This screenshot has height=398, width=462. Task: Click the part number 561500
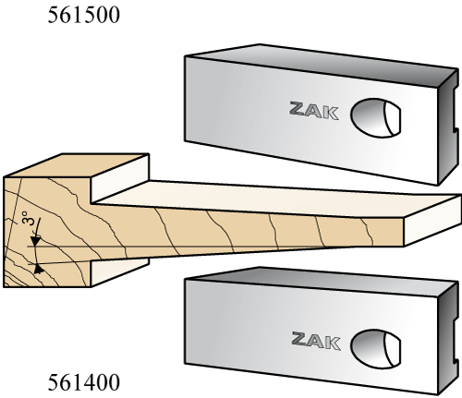coord(83,15)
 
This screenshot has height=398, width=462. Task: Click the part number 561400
coord(83,382)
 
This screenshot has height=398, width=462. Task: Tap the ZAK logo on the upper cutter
coord(314,111)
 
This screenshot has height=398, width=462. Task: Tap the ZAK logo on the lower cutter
coord(316,341)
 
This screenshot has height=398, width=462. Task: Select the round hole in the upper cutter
coord(375,117)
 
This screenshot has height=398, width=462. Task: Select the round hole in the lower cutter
coord(376,349)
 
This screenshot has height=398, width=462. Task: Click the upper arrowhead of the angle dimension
coord(36,241)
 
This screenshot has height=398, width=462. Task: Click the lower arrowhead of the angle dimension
coord(38,269)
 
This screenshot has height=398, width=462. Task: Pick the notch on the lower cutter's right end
coord(455,341)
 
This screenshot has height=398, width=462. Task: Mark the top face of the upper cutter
coord(321,64)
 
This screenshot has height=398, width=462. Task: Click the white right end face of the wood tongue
coord(432,220)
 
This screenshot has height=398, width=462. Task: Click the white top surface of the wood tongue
coord(277,199)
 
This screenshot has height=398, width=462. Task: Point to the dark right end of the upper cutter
coord(447,127)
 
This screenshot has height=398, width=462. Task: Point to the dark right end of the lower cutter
coord(447,339)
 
